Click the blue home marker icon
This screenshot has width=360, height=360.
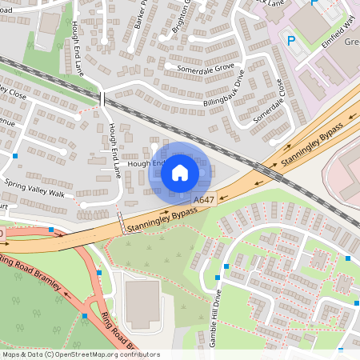point(180,172)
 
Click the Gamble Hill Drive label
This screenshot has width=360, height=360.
point(214,317)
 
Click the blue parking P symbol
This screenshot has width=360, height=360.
point(290,40)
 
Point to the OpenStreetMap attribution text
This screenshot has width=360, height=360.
point(80,354)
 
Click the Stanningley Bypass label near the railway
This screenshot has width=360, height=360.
point(311,148)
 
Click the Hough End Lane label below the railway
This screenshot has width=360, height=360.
point(114,150)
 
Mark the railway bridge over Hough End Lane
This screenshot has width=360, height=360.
point(102,98)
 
